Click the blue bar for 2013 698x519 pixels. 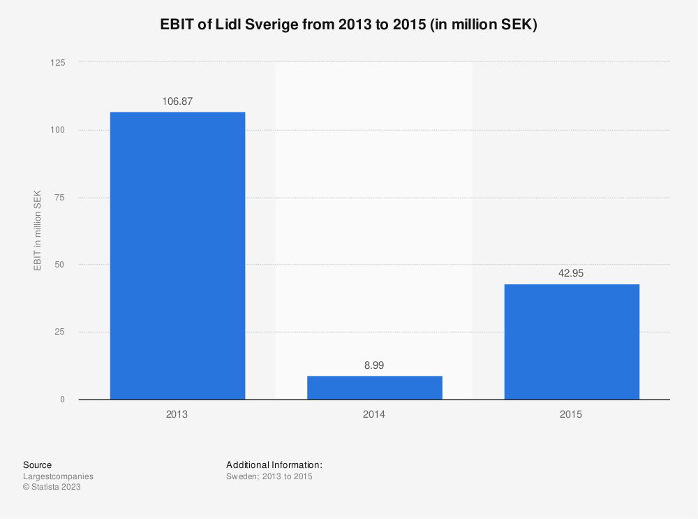click(177, 256)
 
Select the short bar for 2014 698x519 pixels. click(375, 388)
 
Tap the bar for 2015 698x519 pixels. click(571, 342)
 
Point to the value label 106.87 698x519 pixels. click(177, 101)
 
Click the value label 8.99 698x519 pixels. click(374, 365)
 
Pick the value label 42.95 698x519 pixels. click(571, 273)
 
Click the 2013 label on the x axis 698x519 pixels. click(177, 414)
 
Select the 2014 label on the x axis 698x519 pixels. click(374, 414)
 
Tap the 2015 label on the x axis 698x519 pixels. click(571, 414)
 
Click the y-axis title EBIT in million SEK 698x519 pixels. click(37, 231)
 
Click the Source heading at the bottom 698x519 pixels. click(37, 465)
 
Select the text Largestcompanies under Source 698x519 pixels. click(58, 476)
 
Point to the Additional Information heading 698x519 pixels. click(274, 465)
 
